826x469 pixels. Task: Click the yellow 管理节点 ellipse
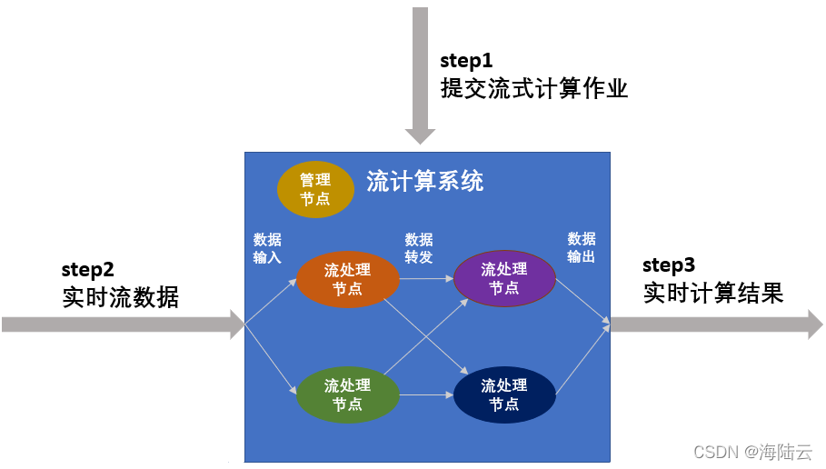tap(315, 189)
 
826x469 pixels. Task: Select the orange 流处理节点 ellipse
tap(348, 278)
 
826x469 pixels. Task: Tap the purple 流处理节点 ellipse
tap(504, 278)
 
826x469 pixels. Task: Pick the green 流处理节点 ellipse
tap(348, 394)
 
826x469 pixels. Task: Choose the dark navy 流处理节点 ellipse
tap(504, 394)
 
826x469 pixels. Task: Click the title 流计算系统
tap(425, 181)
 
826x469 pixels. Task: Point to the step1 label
tap(465, 61)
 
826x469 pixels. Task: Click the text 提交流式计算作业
tap(534, 89)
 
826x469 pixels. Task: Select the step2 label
tap(87, 269)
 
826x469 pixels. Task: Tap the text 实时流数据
tap(121, 297)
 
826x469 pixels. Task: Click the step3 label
tap(669, 265)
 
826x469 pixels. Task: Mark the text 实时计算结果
tap(713, 294)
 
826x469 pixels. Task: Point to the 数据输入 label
tap(267, 248)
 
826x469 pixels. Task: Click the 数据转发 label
tap(419, 248)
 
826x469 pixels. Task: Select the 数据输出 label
tap(582, 247)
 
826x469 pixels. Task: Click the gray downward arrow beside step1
tap(420, 73)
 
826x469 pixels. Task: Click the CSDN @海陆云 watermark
tap(752, 452)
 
